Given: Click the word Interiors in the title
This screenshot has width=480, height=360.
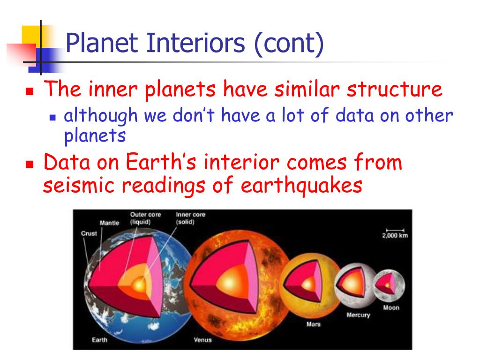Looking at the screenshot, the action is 196,43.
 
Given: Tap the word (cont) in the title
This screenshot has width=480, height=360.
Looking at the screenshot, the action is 289,44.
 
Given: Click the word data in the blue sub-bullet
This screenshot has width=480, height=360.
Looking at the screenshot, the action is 354,116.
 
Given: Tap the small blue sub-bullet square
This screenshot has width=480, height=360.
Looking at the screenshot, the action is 52,117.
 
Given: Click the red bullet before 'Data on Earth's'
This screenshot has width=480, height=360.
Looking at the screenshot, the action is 30,165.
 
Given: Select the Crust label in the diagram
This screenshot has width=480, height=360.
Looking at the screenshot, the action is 89,233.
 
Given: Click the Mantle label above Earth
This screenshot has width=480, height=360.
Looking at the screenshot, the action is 109,223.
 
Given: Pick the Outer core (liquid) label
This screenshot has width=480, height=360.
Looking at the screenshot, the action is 145,218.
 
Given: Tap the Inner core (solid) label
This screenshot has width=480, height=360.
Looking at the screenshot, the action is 190,218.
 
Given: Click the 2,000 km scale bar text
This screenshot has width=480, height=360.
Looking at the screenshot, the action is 395,235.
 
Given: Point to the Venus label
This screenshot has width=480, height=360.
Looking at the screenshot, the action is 202,340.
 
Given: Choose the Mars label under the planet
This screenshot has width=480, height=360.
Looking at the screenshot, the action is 314,324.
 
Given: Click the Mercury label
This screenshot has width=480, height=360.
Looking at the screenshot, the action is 358,315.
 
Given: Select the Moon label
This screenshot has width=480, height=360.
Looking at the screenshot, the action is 391,307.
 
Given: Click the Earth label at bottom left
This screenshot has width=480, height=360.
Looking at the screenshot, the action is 99,339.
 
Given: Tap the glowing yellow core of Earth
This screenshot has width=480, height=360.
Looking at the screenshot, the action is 139,285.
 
